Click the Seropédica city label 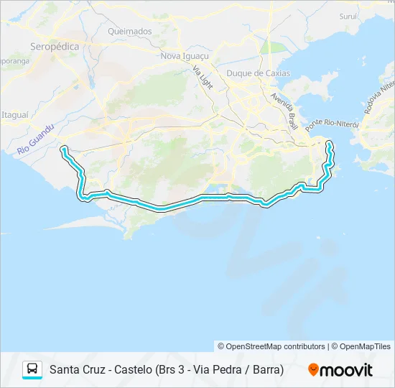pos(54,46)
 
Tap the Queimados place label pos(129,32)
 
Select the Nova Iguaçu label pos(185,55)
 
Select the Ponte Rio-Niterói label pos(331,124)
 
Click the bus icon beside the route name pos(32,369)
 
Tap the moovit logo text pos(347,370)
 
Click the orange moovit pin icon pos(314,370)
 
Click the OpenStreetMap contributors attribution pos(271,346)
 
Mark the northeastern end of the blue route pos(330,144)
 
